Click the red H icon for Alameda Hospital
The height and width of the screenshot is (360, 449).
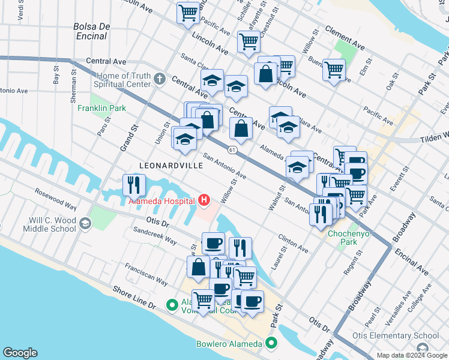(204, 200)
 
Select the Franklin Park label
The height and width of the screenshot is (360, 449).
(101, 108)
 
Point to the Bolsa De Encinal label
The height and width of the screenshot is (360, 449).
(89, 31)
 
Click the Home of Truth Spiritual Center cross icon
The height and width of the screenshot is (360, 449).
(159, 78)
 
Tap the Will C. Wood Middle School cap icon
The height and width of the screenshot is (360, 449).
(85, 224)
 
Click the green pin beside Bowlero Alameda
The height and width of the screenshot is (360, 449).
(271, 344)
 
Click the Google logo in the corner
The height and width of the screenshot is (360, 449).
(19, 353)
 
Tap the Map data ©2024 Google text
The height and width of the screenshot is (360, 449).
(412, 355)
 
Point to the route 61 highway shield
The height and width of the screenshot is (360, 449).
(232, 149)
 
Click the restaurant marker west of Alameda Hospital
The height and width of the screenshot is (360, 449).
(134, 184)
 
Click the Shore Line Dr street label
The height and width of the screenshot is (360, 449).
(135, 297)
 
